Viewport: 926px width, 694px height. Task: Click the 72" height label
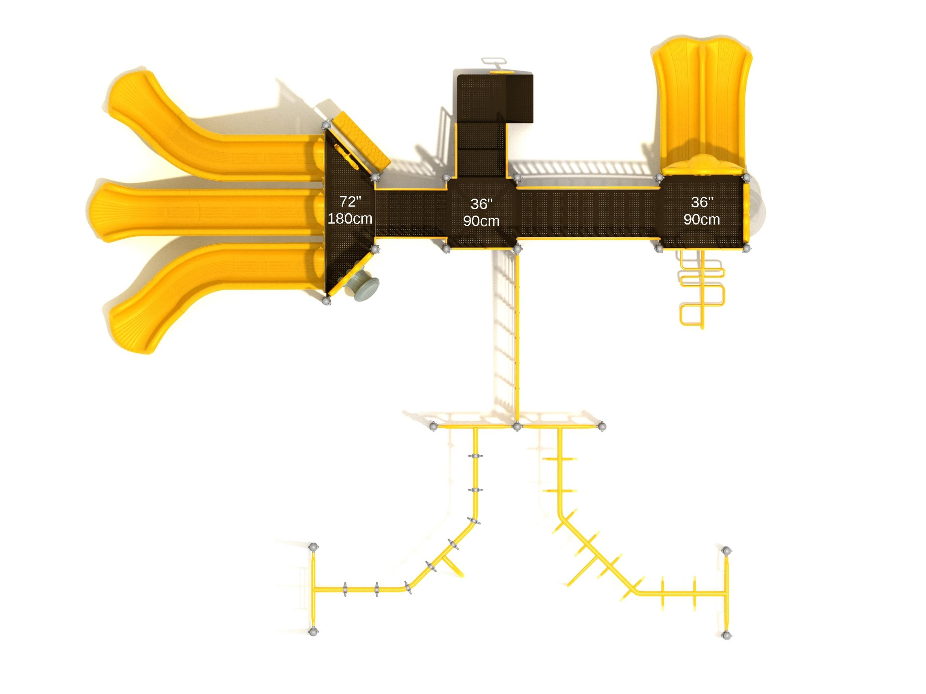[350, 202]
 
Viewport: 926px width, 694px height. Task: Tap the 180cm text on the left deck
[350, 218]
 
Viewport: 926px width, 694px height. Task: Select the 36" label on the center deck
[481, 204]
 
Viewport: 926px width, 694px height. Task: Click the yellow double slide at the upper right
[701, 104]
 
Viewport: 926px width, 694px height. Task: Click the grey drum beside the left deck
[362, 286]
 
